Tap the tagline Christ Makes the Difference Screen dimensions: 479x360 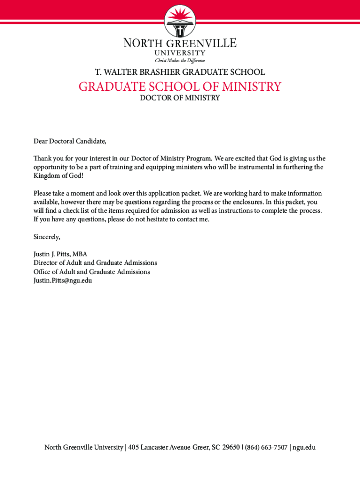(180, 60)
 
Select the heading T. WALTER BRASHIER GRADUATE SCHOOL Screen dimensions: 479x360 (180, 72)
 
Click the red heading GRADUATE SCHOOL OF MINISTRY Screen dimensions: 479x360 (180, 87)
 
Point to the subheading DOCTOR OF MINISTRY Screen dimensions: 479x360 (180, 98)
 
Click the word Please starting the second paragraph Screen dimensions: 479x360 (43, 193)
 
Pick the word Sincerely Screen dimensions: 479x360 (47, 237)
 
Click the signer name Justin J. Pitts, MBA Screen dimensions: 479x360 (60, 254)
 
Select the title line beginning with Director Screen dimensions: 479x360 (95, 263)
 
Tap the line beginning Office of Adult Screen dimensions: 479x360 (92, 272)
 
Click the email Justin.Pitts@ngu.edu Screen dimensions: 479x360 (63, 280)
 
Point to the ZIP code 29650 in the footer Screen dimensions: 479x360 (231, 448)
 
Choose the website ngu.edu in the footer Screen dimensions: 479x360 (304, 448)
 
